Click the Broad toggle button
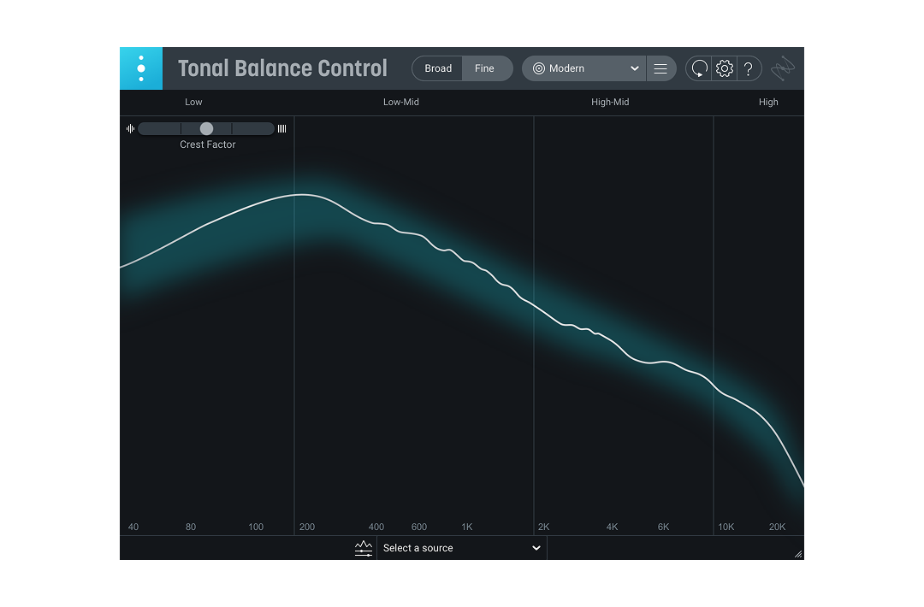[438, 68]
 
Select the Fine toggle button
[485, 68]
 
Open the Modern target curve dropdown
[585, 68]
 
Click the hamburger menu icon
[660, 68]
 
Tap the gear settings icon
[725, 68]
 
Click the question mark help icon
[749, 68]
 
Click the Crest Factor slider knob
[206, 128]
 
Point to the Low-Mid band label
[401, 102]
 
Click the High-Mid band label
[610, 102]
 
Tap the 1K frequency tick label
[467, 527]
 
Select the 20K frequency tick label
[777, 527]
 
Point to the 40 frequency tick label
[133, 527]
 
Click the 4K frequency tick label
[612, 527]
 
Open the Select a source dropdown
[461, 548]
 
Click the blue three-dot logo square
[141, 68]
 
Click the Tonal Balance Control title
[282, 68]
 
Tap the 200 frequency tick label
[307, 527]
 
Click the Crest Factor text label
[208, 144]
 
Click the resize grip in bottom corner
[797, 554]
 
